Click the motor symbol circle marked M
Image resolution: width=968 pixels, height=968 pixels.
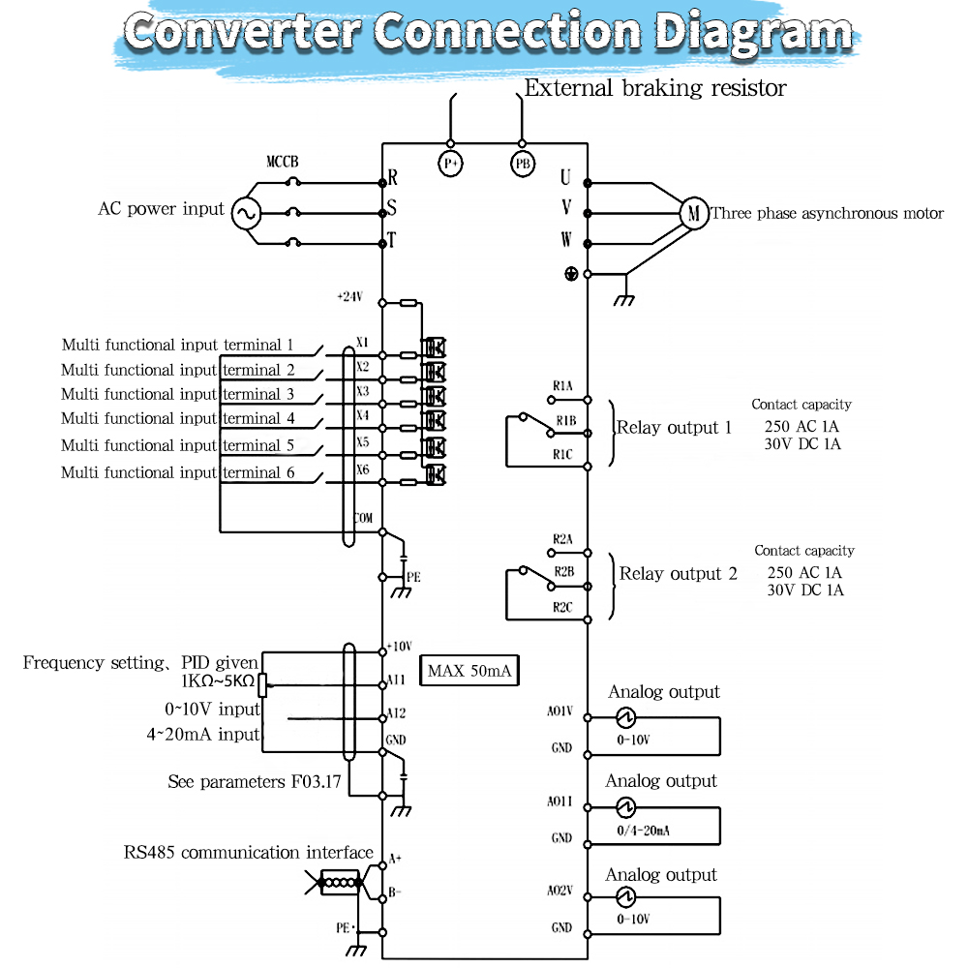(x=693, y=212)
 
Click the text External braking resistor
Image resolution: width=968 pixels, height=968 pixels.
(x=655, y=88)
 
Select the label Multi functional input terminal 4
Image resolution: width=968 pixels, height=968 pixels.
(x=178, y=419)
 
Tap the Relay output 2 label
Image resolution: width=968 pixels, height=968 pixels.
(x=678, y=574)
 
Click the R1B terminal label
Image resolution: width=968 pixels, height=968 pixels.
(x=565, y=421)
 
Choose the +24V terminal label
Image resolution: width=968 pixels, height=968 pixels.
(x=348, y=297)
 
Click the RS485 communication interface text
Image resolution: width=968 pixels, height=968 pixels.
(x=249, y=853)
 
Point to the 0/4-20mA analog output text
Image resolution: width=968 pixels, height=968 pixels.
(x=643, y=831)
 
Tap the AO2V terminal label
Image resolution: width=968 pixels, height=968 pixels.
(x=560, y=891)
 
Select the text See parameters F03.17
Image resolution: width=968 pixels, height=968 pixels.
(x=255, y=782)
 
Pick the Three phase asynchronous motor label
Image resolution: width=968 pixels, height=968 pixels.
(x=828, y=213)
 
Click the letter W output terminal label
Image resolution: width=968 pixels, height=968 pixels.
(x=566, y=239)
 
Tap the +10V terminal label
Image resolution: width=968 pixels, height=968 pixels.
(x=399, y=646)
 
